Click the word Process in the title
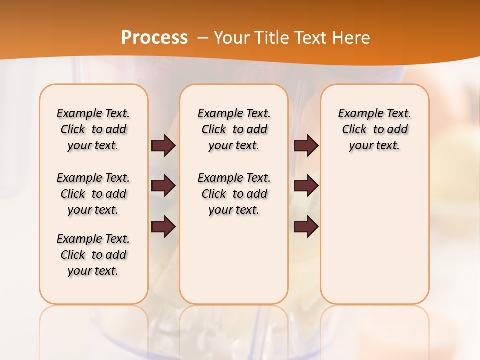coord(154,37)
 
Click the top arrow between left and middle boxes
coord(163,145)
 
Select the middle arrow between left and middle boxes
coord(163,186)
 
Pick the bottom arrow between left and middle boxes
coord(163,226)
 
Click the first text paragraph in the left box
coord(93,129)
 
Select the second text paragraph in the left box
coord(93,194)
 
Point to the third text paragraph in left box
coord(93,255)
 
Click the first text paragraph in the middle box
coord(234,129)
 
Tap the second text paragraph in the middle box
coord(234,194)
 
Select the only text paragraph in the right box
coord(374,129)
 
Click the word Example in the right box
coord(357,114)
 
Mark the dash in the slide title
coord(202,38)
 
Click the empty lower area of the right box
coord(374,235)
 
